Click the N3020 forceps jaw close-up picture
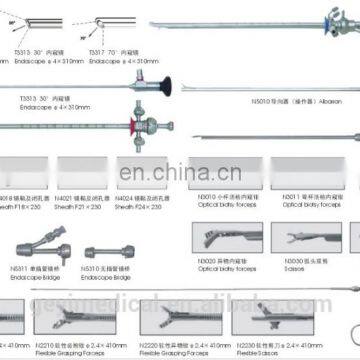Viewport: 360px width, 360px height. [225, 240]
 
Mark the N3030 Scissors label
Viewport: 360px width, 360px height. [299, 266]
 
